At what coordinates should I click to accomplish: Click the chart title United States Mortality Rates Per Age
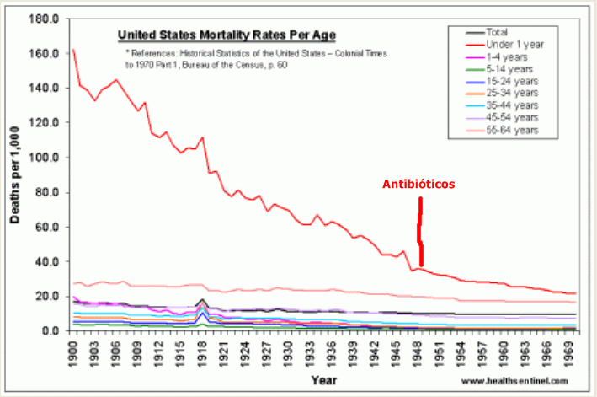tap(227, 35)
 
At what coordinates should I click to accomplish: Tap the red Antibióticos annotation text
tap(418, 183)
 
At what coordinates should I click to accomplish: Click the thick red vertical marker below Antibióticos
tap(420, 232)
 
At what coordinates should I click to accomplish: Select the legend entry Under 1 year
tap(515, 44)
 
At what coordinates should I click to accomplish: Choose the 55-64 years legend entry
tap(514, 131)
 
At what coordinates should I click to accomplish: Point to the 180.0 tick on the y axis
tap(44, 18)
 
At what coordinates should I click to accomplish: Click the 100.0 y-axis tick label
tap(44, 157)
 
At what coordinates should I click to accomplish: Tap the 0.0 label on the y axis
tap(49, 330)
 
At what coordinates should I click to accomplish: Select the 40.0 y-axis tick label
tap(46, 261)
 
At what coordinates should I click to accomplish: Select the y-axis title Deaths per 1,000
tap(16, 174)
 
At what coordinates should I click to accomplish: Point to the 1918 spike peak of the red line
tap(202, 137)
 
